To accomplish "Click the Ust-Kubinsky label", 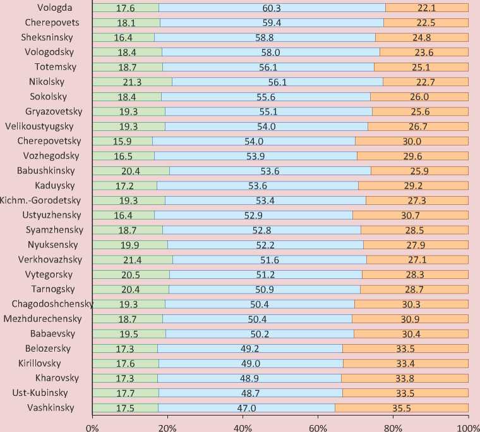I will click(45, 393).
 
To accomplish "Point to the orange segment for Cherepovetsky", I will click(412, 140).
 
